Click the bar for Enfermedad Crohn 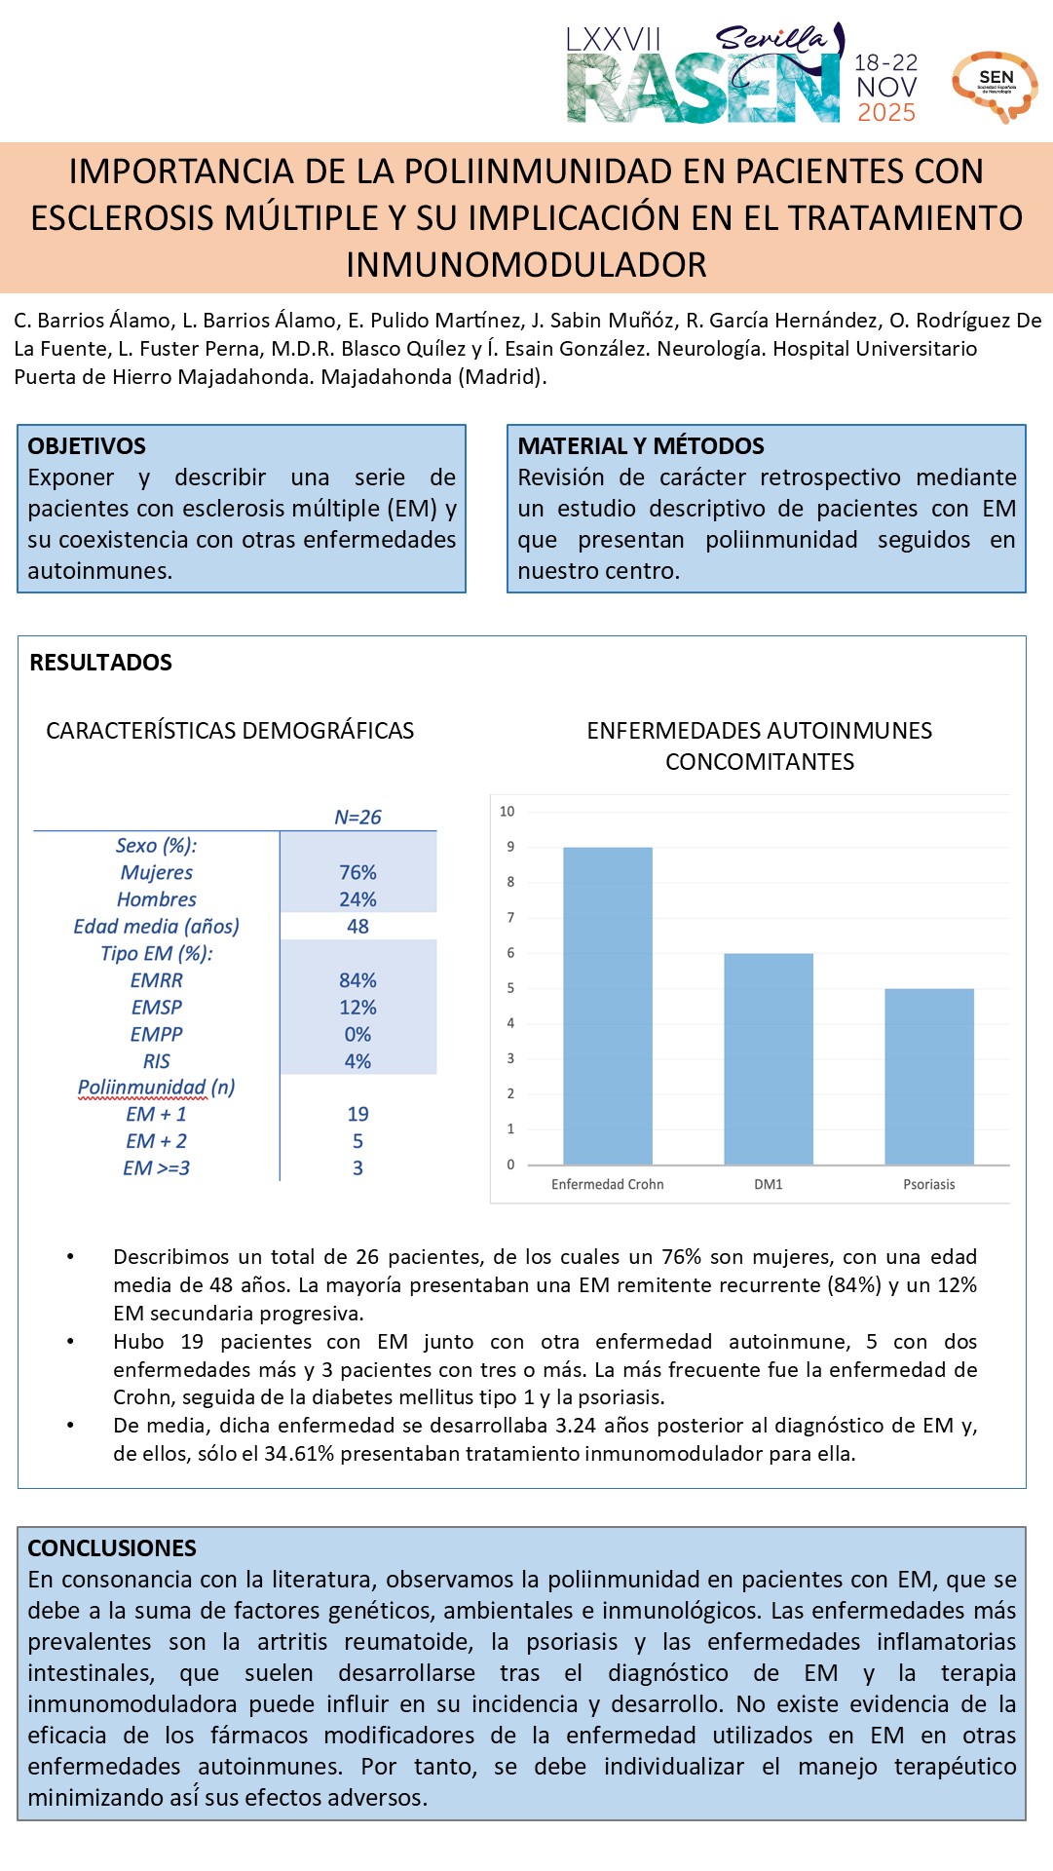(x=608, y=1006)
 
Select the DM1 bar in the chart (x=769, y=1059)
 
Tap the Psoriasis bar (x=929, y=1077)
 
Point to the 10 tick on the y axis (x=508, y=811)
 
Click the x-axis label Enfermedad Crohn (x=608, y=1184)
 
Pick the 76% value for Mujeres (x=357, y=872)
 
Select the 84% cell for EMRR (x=357, y=980)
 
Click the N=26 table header (x=357, y=818)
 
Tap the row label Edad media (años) (x=156, y=926)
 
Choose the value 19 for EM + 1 (x=357, y=1114)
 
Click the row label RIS (x=156, y=1061)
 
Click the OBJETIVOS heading (x=87, y=446)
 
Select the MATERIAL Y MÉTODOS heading (x=641, y=446)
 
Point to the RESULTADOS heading (x=101, y=663)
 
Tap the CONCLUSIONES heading (x=112, y=1547)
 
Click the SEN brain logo (x=995, y=86)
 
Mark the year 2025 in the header (x=886, y=113)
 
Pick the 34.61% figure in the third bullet (x=299, y=1454)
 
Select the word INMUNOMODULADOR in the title (x=526, y=265)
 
